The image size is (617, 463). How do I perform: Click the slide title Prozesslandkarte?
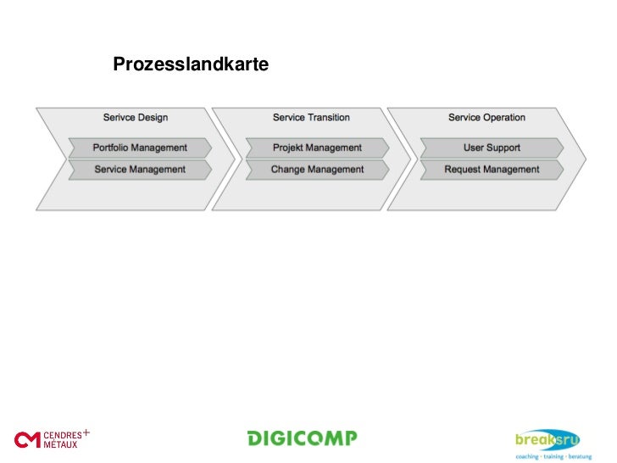pos(191,64)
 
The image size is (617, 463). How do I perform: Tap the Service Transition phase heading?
pos(311,117)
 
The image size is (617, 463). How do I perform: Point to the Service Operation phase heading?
pos(486,117)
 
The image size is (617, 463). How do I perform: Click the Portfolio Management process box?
pos(140,148)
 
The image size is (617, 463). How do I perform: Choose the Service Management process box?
pos(140,170)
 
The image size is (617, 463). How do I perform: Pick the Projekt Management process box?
pos(317,148)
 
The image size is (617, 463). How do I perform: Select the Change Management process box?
pos(317,170)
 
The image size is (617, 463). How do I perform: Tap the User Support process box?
pos(492,148)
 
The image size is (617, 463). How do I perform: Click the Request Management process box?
pos(492,170)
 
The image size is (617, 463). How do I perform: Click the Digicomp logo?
pos(302,438)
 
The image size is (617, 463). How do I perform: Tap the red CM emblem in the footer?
pos(27,439)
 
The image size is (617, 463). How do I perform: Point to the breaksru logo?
pos(548,438)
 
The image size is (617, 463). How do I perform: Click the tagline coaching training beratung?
pos(553,455)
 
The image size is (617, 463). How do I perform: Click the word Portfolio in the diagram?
pos(112,148)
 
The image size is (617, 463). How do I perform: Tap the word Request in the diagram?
pos(463,170)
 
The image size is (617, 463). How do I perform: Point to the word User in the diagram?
pos(474,148)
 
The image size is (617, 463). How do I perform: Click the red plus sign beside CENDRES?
pos(86,432)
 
